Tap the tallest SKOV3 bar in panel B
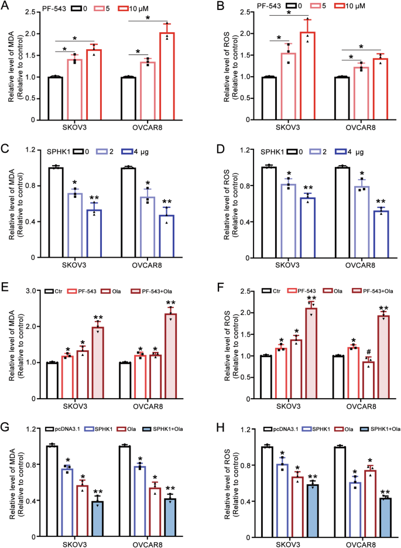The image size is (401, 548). [x=307, y=76]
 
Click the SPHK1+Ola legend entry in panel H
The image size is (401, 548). [x=377, y=429]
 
